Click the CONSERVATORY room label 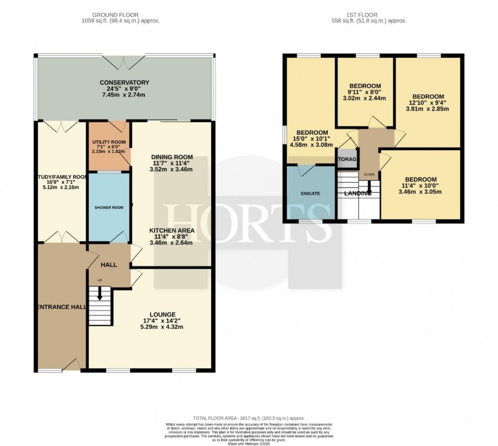coord(124,82)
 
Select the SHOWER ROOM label coord(106,207)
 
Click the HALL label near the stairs coord(109,265)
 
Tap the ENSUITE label coord(310,194)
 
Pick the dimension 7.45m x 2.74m coord(124,95)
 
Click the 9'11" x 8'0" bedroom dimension coord(365,92)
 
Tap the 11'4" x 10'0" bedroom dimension coord(421,185)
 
